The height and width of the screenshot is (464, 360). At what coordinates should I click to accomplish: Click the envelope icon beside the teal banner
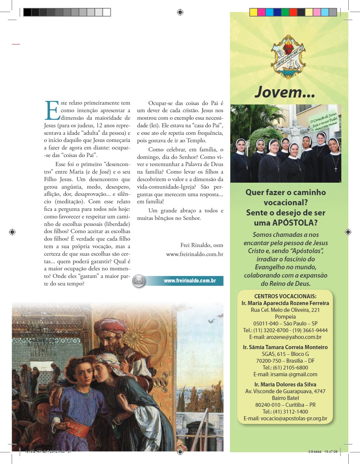[139, 281]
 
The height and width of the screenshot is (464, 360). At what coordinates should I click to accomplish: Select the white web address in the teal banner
[190, 281]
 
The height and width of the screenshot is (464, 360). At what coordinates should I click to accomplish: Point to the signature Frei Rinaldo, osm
[202, 245]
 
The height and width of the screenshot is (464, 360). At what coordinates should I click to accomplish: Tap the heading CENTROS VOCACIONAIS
[285, 296]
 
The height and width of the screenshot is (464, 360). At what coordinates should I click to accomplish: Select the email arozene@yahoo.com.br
[285, 337]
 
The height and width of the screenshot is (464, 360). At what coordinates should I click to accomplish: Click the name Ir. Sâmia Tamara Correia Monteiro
[285, 347]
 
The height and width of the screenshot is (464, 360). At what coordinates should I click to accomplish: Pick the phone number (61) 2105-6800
[285, 368]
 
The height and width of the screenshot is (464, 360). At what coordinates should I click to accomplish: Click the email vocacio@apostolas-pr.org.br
[285, 418]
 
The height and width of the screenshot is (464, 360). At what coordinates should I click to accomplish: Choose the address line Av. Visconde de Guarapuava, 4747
[285, 391]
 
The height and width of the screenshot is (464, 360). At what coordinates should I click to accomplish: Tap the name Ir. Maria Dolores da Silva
[285, 385]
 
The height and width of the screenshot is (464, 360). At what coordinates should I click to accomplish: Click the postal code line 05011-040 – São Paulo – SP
[285, 324]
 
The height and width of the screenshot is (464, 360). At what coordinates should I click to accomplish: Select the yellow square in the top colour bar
[253, 12]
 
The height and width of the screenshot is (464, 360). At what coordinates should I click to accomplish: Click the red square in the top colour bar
[293, 12]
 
